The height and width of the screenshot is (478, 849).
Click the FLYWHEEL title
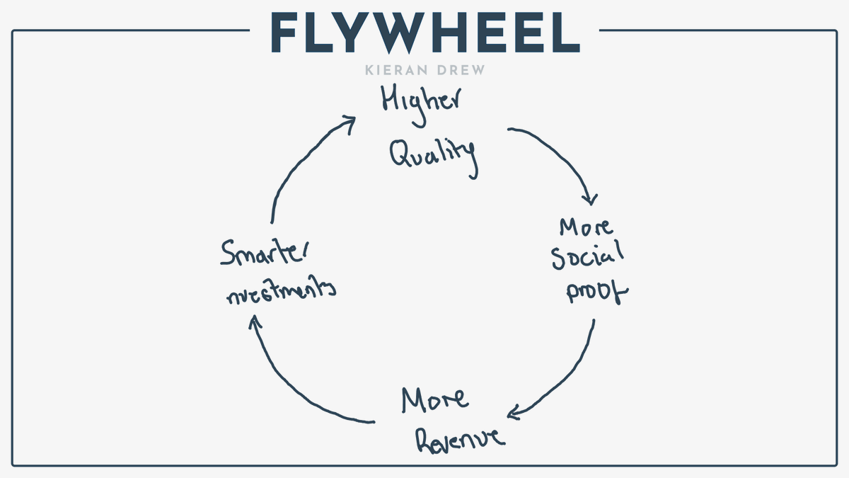(x=424, y=32)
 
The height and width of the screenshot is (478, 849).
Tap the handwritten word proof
(x=596, y=291)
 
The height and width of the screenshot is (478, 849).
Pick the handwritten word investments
(x=280, y=292)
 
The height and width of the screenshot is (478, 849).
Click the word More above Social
(x=587, y=227)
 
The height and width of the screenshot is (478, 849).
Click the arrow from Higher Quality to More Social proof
(x=566, y=156)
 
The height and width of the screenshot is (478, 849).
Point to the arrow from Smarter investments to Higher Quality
(x=297, y=163)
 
